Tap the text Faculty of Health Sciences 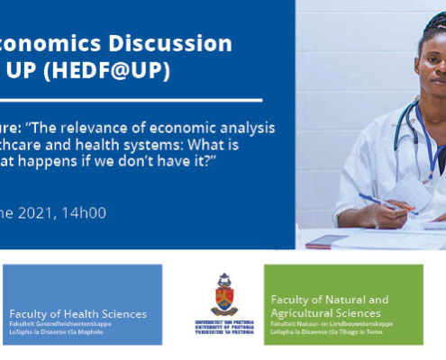coord(77,314)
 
